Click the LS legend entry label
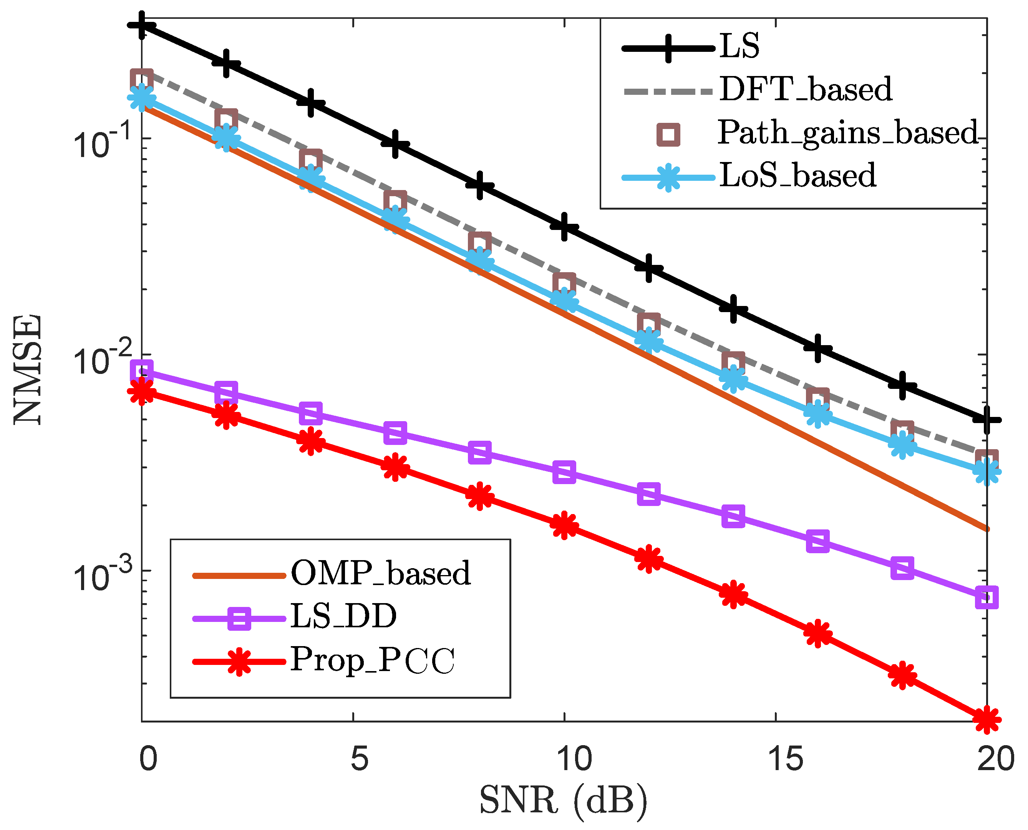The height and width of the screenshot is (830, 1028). [739, 46]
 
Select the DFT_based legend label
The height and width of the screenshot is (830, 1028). [806, 89]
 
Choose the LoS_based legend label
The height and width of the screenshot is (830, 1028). [798, 175]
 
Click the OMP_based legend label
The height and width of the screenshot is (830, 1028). [381, 573]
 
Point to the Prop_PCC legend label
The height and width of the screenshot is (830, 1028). [373, 660]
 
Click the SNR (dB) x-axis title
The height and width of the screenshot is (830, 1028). [563, 800]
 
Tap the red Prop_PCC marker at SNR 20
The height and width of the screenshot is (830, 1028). [987, 719]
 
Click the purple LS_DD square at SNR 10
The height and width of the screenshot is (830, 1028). [564, 472]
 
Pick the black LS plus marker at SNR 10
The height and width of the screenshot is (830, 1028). [564, 227]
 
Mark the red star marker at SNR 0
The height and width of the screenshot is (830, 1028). [142, 392]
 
